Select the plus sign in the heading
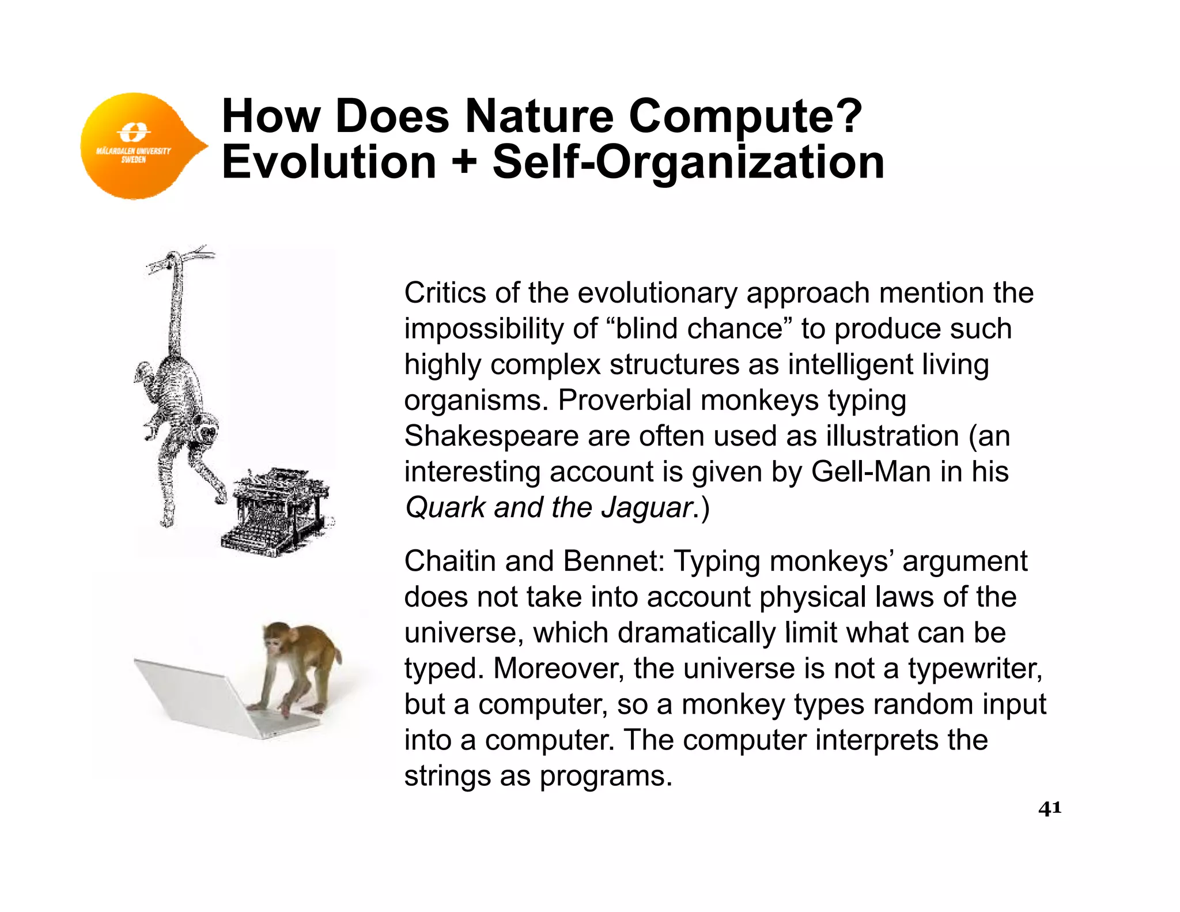click(464, 163)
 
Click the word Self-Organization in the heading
click(688, 164)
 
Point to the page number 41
click(1049, 808)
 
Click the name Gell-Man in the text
click(871, 472)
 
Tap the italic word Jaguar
click(646, 508)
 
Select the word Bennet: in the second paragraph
click(614, 561)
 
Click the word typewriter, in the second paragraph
click(975, 669)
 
